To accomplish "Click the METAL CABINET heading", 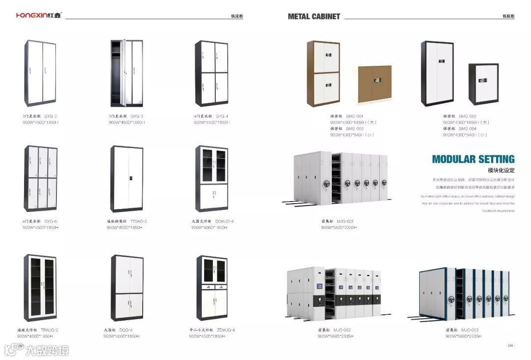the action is coord(314,16).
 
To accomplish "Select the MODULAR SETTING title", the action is coord(473,159).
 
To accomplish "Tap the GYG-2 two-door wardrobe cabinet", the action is coord(40,73).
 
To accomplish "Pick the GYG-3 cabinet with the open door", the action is coord(126,73).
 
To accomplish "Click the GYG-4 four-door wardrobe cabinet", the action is coord(211,73).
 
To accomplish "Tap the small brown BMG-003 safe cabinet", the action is coord(375,84).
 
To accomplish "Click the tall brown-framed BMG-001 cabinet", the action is coord(324,74).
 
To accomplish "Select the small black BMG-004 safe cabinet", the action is coord(483,85).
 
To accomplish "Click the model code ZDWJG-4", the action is coord(226,330).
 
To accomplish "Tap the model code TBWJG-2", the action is coord(49,330).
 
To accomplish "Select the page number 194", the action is coord(510,346).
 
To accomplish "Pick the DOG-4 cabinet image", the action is coord(126,287).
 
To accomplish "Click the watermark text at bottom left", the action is coord(47,350).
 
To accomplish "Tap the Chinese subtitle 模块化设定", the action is coord(501,170).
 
